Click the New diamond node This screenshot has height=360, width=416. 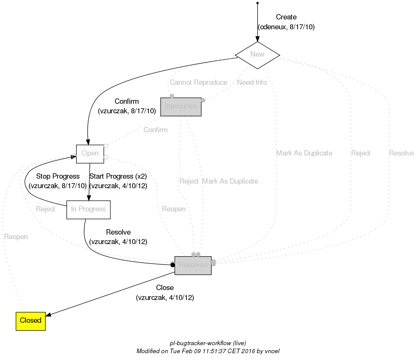pyautogui.click(x=257, y=55)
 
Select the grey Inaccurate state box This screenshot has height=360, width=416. pyautogui.click(x=181, y=106)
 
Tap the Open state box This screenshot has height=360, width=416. pyautogui.click(x=90, y=154)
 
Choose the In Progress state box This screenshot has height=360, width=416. pyautogui.click(x=88, y=209)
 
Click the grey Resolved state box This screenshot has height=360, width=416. pyautogui.click(x=193, y=265)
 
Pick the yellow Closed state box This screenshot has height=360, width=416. pyautogui.click(x=30, y=320)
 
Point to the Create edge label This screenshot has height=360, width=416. pyautogui.click(x=286, y=17)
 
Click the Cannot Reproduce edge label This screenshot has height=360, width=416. pyautogui.click(x=198, y=82)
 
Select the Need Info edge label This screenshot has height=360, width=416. pyautogui.click(x=252, y=82)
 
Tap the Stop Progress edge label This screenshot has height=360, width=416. pyautogui.click(x=58, y=176)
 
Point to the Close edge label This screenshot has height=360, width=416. pyautogui.click(x=165, y=288)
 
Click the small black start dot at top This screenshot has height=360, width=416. pyautogui.click(x=258, y=3)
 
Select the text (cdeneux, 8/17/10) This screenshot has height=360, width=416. pyautogui.click(x=286, y=27)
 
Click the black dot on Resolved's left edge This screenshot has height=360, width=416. pyautogui.click(x=172, y=265)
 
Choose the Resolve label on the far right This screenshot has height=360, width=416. pyautogui.click(x=401, y=153)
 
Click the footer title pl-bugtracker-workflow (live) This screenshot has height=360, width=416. pyautogui.click(x=205, y=343)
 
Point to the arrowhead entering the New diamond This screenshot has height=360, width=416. pyautogui.click(x=258, y=39)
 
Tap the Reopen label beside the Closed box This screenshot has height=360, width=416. pyautogui.click(x=16, y=237)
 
